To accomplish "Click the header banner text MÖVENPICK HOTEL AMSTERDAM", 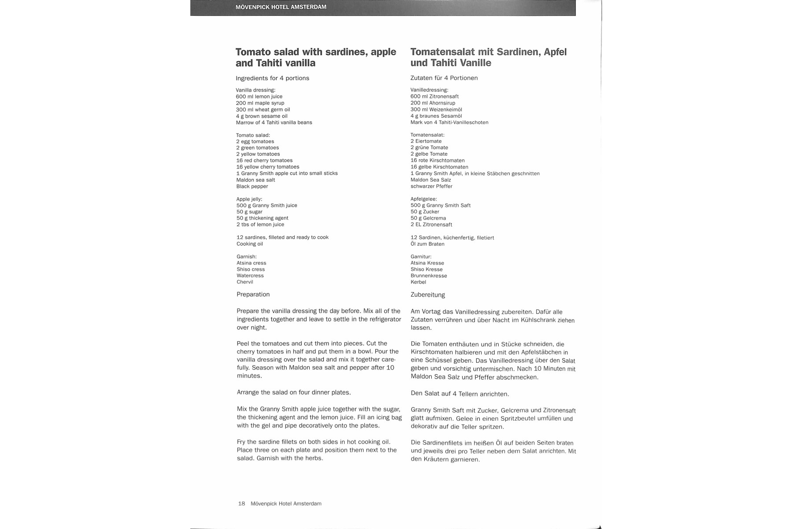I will point(281,7).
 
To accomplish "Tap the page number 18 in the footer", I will point(241,503).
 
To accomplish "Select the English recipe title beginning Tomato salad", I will point(316,57).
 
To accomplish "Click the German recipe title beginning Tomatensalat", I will point(488,57).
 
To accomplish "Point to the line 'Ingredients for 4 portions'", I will point(272,78).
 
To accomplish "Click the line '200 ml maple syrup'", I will point(260,103).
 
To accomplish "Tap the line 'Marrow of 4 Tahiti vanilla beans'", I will point(274,123).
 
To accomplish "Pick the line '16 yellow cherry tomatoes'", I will point(267,167).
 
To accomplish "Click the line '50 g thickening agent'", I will point(262,218).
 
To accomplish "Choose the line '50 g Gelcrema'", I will point(428,218).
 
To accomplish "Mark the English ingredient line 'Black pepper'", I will point(252,186).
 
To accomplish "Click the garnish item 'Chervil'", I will point(245,282).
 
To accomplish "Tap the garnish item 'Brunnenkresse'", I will point(429,276).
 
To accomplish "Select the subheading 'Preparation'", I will point(253,294).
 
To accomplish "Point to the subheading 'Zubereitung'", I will point(427,295).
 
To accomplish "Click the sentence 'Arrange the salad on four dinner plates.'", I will point(294,392).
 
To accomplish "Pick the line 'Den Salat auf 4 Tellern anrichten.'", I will point(459,394).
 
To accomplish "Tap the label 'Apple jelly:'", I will point(249,199).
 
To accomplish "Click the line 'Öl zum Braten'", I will point(427,244).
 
